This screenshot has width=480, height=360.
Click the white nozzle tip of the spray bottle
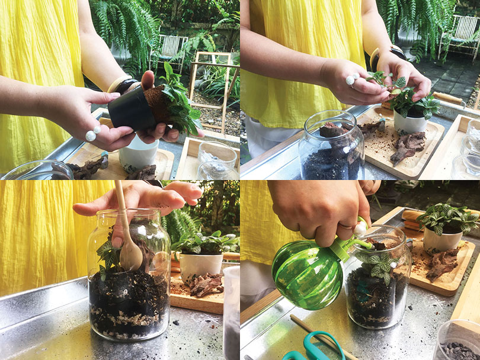tap(360, 227)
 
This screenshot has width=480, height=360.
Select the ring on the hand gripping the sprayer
tap(346, 225)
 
